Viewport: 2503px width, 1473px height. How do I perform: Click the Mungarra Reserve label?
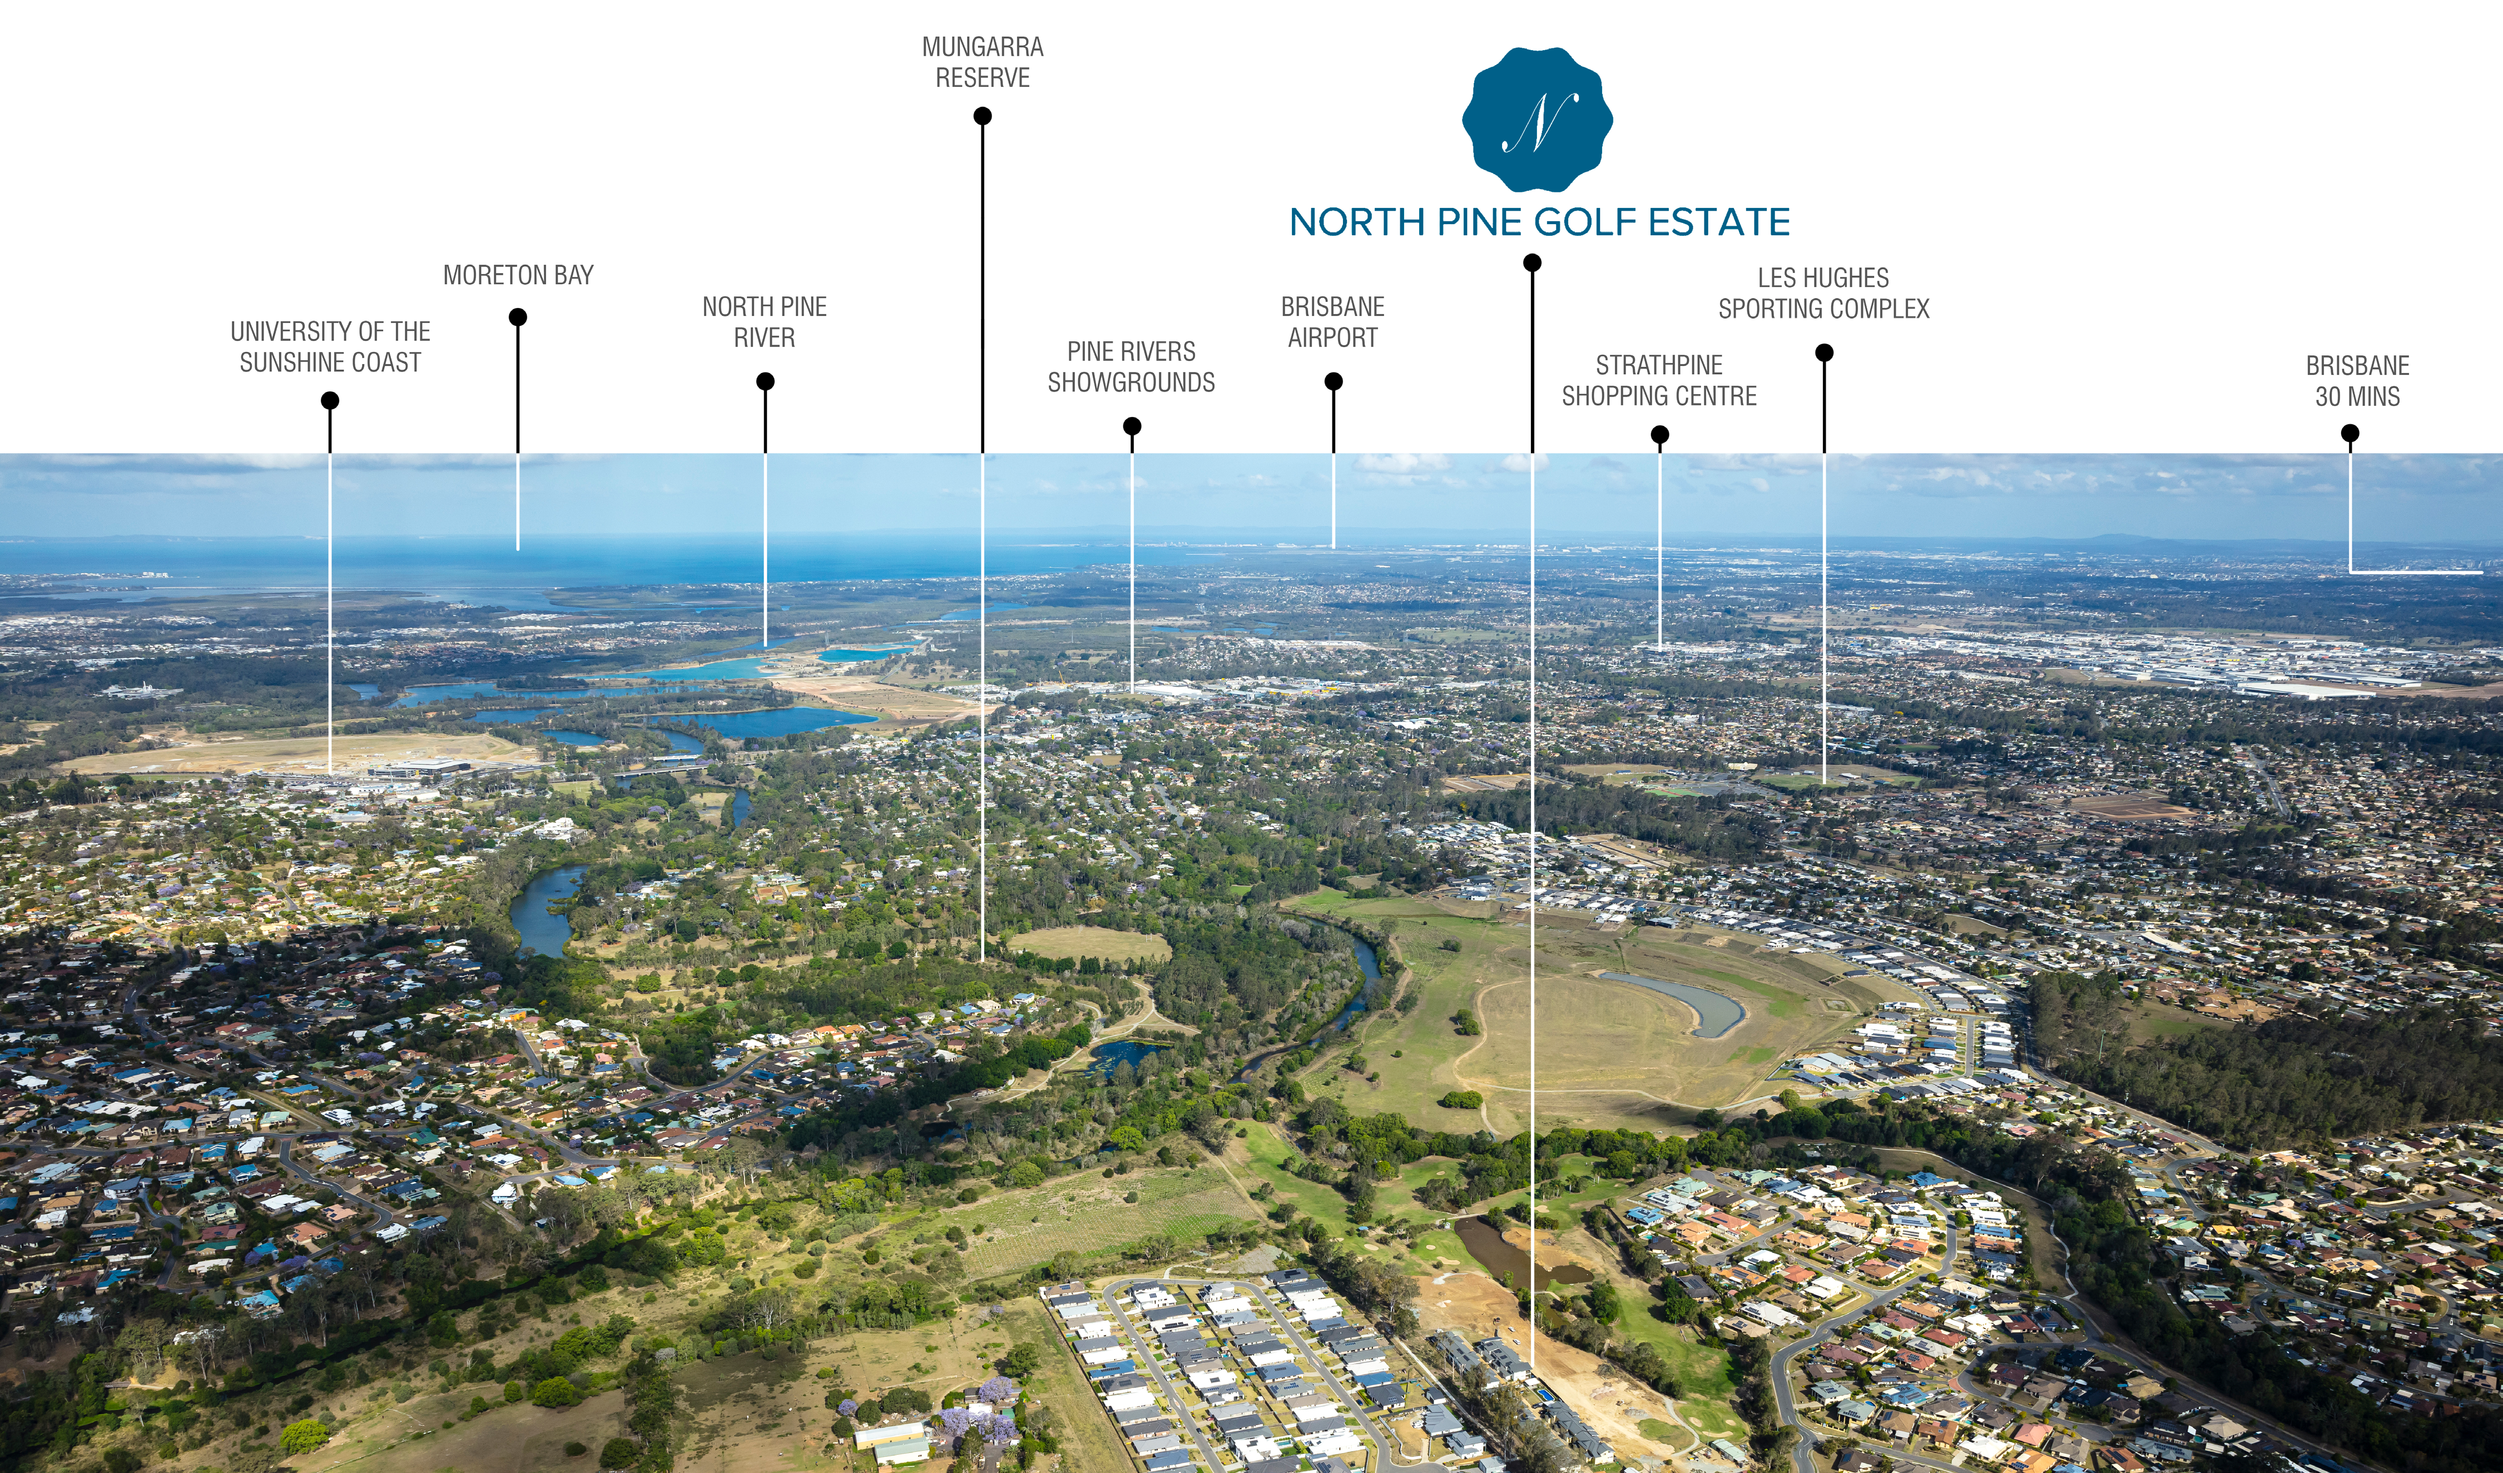tap(982, 62)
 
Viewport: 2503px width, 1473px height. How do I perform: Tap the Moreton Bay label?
tap(518, 275)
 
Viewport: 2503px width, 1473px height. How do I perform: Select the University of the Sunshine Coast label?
tap(330, 346)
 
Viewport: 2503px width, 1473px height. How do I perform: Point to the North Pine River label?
tap(764, 322)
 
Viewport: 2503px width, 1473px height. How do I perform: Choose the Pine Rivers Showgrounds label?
tap(1131, 366)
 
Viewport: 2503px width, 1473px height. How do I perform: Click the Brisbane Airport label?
tap(1333, 322)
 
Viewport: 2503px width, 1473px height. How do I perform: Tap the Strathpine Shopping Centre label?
tap(1659, 380)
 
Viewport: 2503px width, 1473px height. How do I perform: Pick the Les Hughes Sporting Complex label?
tap(1823, 293)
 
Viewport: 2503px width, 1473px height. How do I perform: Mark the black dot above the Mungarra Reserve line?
tap(982, 116)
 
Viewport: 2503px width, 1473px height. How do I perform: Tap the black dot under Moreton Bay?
tap(518, 317)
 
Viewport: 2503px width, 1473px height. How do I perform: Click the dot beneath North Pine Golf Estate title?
tap(1533, 263)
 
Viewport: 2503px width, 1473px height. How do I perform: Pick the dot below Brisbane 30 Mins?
tap(2350, 433)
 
